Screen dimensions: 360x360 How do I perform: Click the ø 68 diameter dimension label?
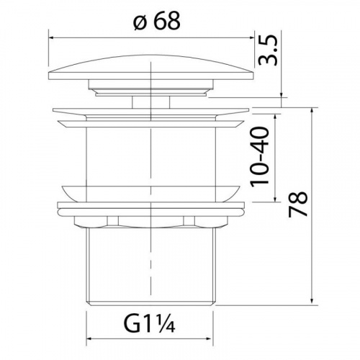(x=157, y=21)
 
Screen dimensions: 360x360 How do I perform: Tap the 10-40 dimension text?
(x=259, y=156)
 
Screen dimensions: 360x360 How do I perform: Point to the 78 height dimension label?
(x=297, y=204)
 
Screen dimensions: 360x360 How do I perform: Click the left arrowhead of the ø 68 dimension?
(x=51, y=37)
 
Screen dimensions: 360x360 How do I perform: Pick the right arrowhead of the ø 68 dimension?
(x=251, y=37)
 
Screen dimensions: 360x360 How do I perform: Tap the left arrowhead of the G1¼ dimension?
(x=89, y=338)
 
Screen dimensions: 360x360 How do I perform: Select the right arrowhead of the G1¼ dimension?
(x=210, y=338)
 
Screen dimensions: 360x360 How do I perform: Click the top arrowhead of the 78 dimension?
(x=312, y=110)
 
